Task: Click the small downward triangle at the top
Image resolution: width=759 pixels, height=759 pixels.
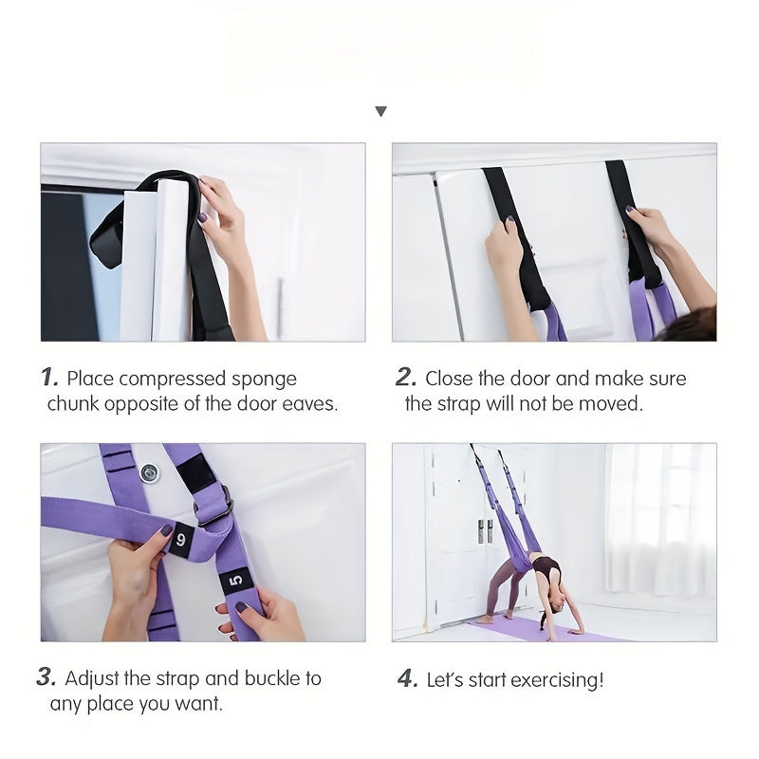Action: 380,111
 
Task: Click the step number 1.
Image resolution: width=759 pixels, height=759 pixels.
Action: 50,378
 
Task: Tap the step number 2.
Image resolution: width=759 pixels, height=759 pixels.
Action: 405,378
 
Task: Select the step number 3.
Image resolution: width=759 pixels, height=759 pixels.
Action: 46,678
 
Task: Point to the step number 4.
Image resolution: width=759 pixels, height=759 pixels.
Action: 406,679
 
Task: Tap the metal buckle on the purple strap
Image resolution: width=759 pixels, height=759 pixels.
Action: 214,507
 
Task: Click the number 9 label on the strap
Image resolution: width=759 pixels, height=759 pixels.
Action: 181,538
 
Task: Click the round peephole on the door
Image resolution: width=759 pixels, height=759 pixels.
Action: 149,472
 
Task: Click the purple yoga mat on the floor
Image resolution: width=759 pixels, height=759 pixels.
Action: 550,630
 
